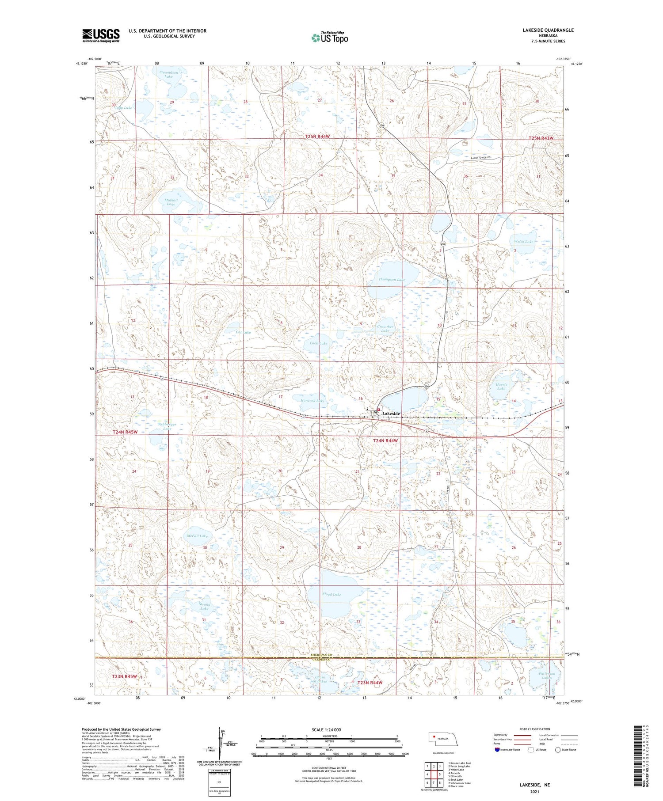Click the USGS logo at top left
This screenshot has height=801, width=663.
pyautogui.click(x=101, y=35)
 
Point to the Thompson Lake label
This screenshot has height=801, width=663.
pyautogui.click(x=391, y=280)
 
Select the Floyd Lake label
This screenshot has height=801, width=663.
pyautogui.click(x=331, y=595)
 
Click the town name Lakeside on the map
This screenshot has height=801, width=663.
pyautogui.click(x=391, y=414)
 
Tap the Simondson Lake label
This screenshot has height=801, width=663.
pyautogui.click(x=168, y=74)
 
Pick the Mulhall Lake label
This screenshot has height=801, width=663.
pyautogui.click(x=171, y=202)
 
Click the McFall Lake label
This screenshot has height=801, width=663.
pyautogui.click(x=197, y=536)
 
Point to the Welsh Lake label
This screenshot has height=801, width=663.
pyautogui.click(x=523, y=242)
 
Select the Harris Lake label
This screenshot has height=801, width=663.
pyautogui.click(x=501, y=387)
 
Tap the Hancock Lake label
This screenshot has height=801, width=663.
pyautogui.click(x=312, y=401)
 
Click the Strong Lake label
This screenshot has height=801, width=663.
pyautogui.click(x=204, y=606)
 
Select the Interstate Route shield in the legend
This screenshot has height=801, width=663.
pyautogui.click(x=497, y=750)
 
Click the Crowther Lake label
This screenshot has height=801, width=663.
pyautogui.click(x=385, y=329)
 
